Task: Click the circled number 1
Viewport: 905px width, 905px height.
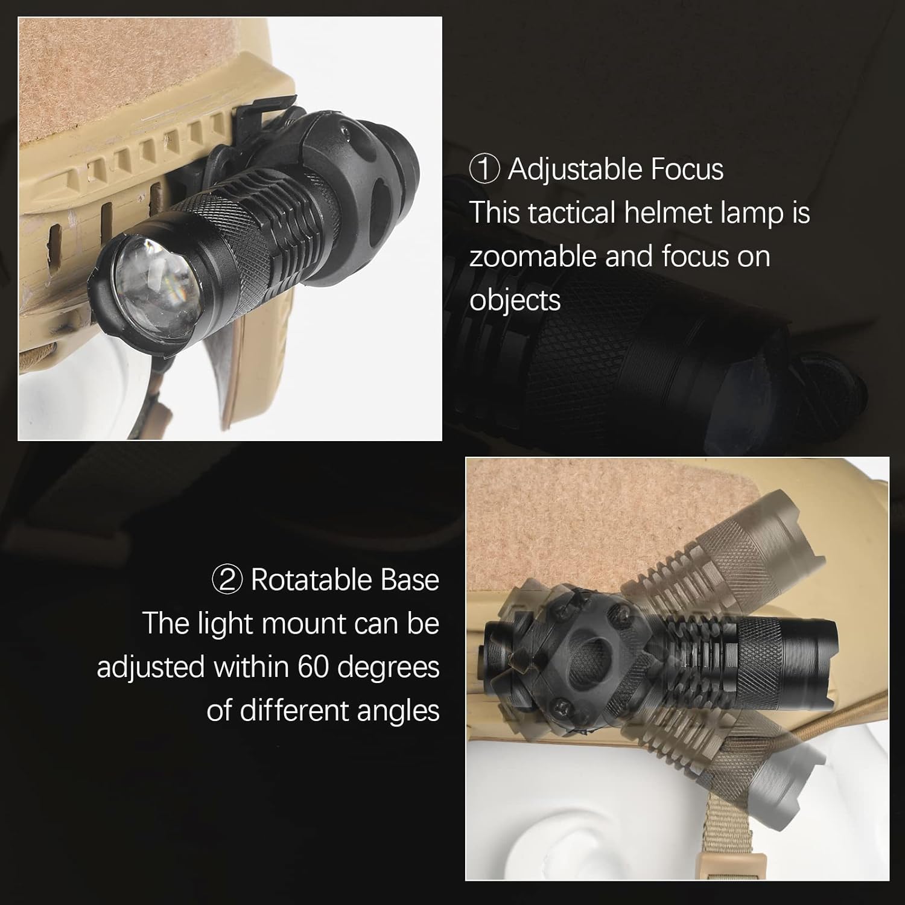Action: point(484,169)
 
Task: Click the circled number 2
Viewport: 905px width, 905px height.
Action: point(227,580)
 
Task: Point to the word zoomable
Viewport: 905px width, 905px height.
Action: point(532,256)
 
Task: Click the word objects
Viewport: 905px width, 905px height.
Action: point(515,300)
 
